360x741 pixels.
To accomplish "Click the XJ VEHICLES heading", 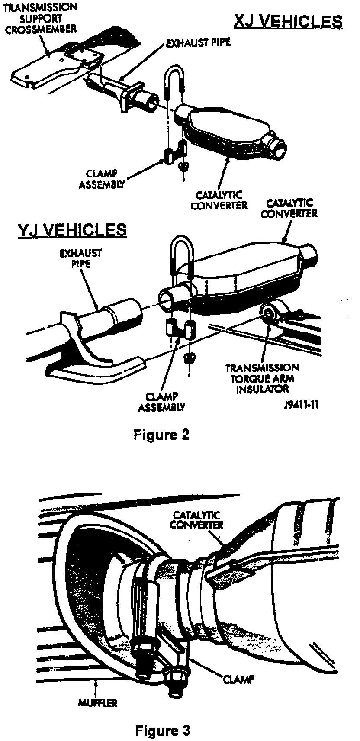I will click(288, 22).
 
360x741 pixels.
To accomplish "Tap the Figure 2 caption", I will click(161, 434).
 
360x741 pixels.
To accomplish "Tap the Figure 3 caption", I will click(162, 731).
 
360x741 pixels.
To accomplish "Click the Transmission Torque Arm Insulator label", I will click(262, 378).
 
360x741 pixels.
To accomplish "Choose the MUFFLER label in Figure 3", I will click(97, 703).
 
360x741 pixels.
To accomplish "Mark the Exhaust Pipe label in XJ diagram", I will click(198, 42).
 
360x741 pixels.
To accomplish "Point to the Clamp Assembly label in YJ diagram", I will click(165, 402).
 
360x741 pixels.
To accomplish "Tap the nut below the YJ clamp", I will click(189, 357).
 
